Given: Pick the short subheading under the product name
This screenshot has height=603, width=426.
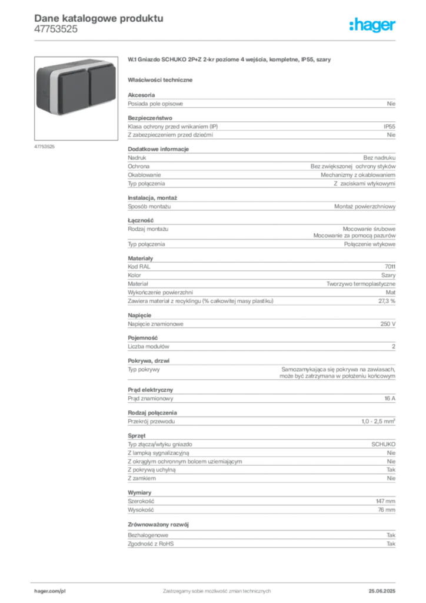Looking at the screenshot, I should pos(162,79).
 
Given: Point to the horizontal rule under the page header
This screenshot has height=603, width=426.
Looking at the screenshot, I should pos(217,40).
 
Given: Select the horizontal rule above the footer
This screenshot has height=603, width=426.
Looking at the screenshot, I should pos(217,580).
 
